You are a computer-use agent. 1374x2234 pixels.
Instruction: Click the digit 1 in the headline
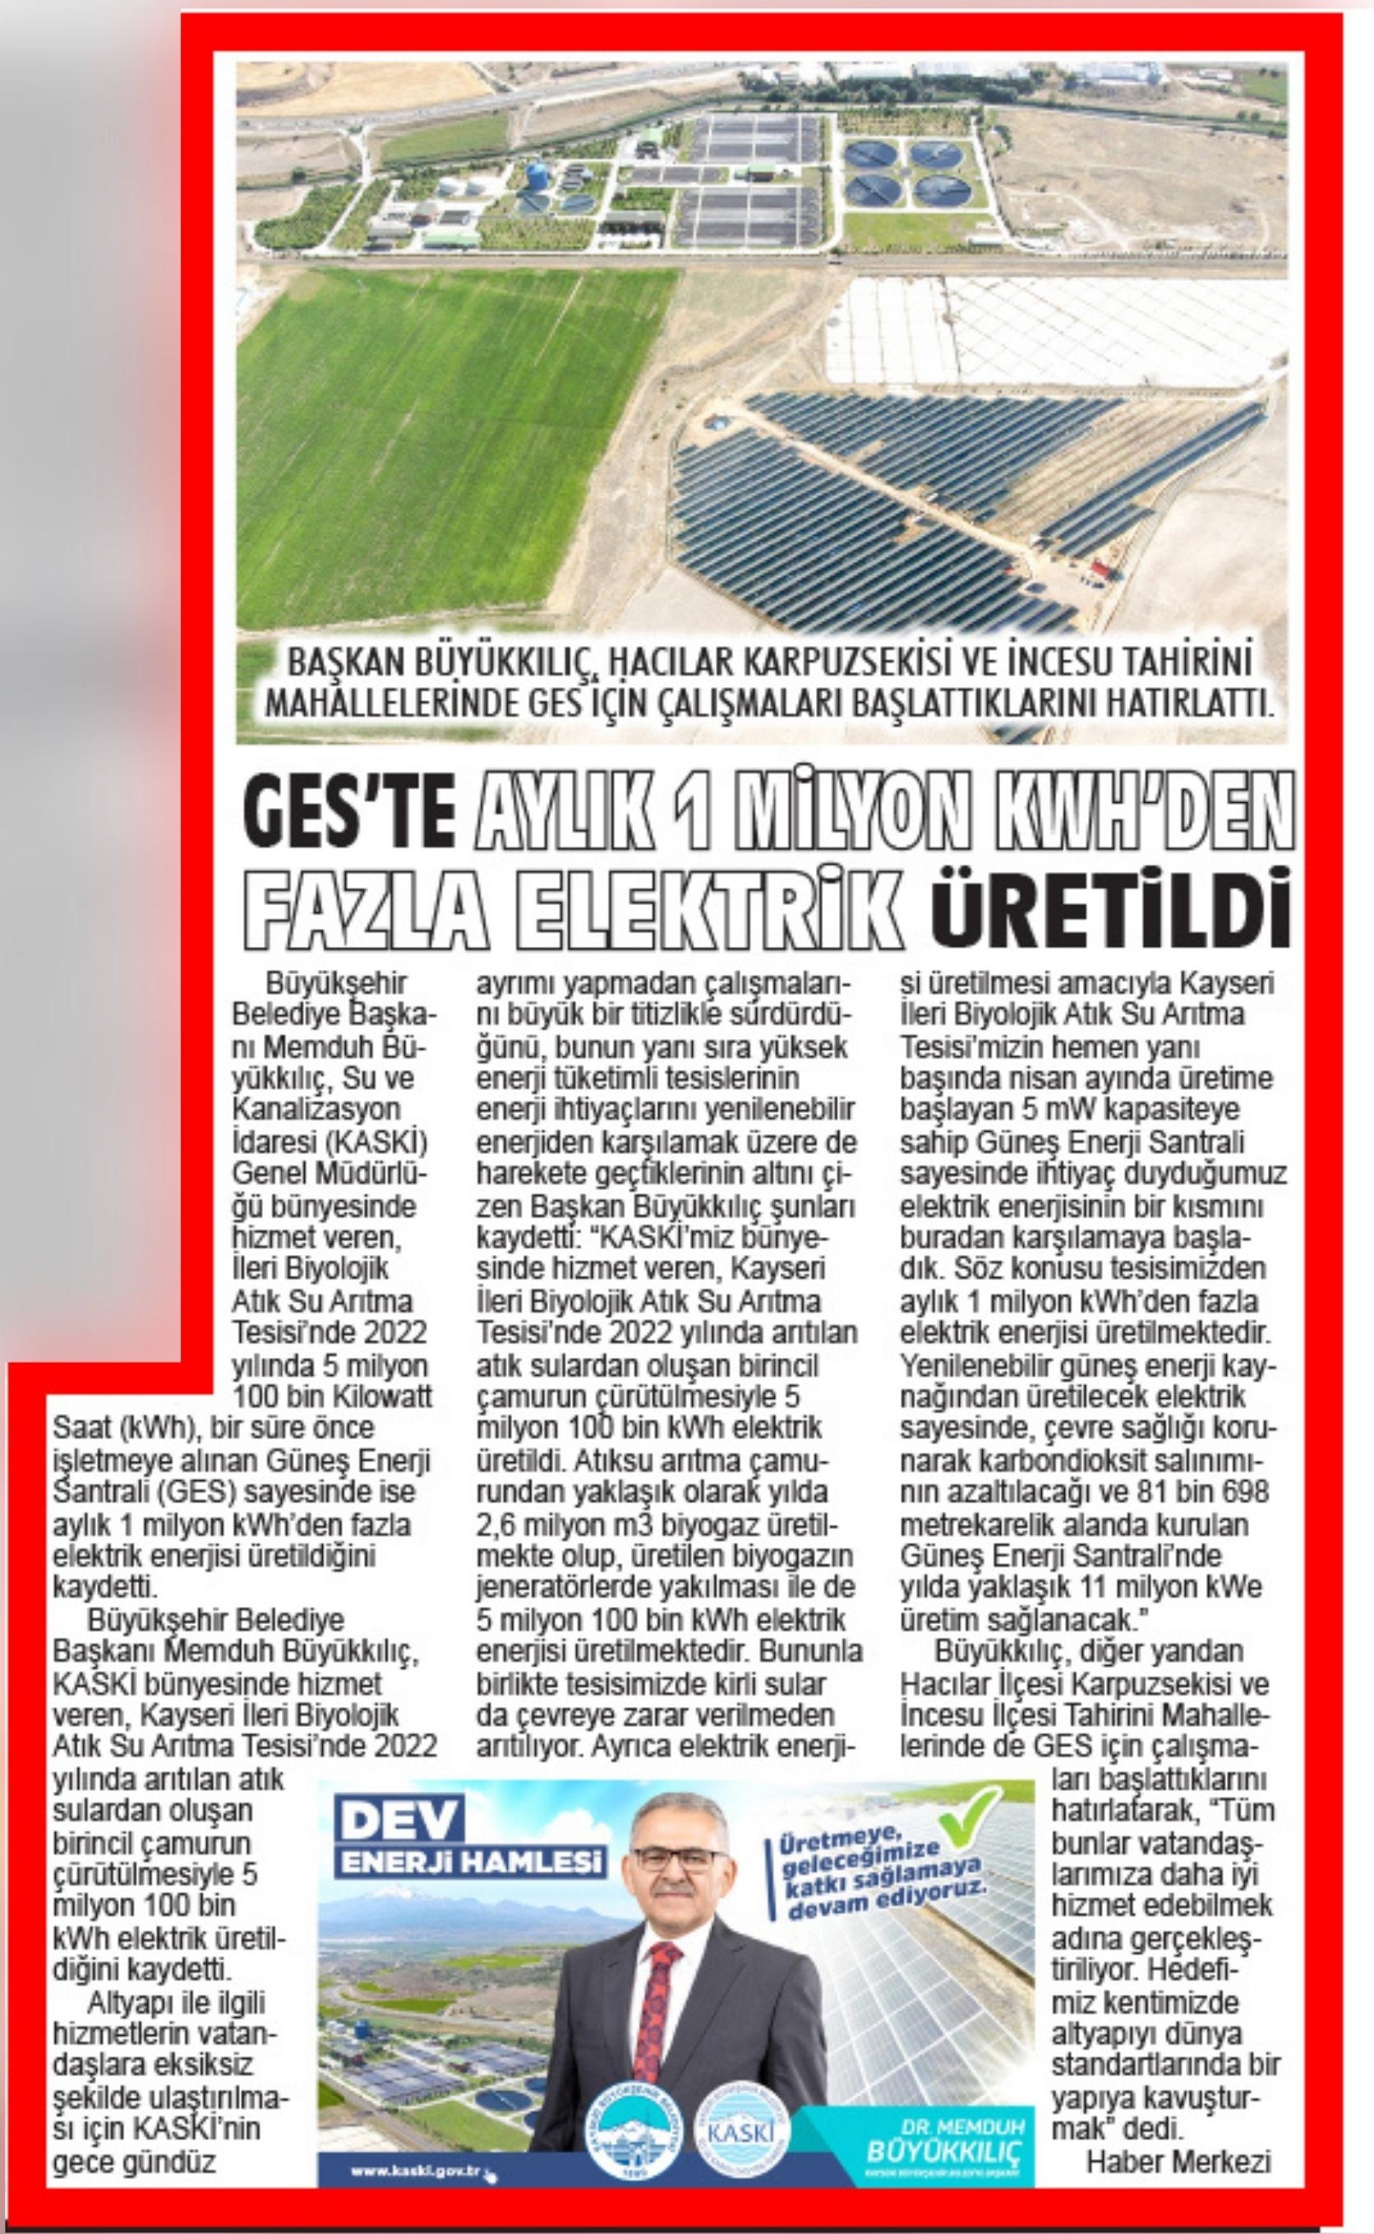[x=699, y=801]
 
